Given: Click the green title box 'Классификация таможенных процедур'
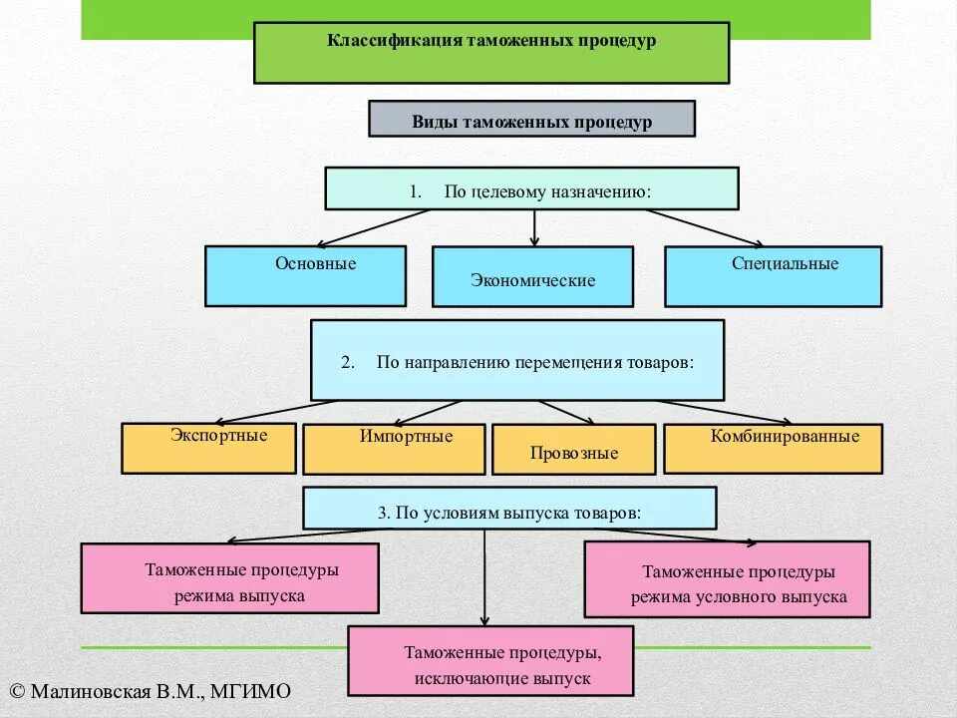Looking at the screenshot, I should click(491, 52).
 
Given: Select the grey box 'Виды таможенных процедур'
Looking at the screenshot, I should click(531, 119).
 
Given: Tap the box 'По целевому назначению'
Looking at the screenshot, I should click(531, 188).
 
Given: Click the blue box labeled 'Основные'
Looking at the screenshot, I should click(305, 275).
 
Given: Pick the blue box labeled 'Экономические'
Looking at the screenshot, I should click(532, 276).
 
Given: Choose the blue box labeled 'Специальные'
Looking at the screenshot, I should click(773, 276).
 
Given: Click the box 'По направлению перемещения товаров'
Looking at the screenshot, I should click(517, 360).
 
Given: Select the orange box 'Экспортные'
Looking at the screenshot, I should click(208, 448).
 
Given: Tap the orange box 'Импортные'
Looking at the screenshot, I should click(394, 449).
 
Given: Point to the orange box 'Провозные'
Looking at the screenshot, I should click(573, 449).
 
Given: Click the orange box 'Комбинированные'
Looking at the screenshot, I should click(773, 448).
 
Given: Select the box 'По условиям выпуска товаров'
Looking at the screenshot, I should click(509, 508).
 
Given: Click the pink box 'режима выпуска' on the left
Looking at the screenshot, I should click(229, 577).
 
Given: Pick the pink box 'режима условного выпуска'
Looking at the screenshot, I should click(727, 579).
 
